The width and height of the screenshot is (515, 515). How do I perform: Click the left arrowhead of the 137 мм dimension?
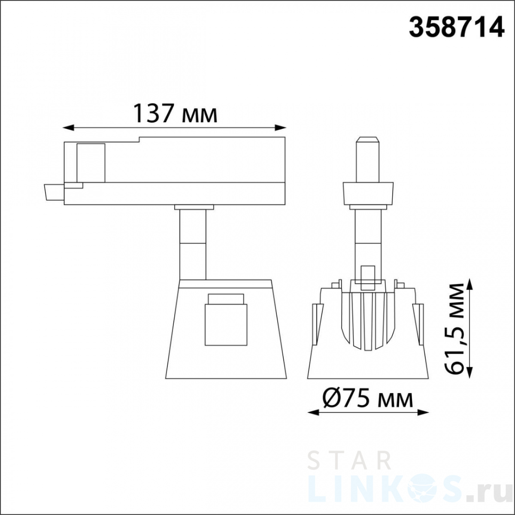[68, 128]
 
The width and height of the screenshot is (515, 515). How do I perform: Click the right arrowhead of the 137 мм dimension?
[281, 128]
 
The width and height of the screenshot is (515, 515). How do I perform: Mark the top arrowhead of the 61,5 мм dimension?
[470, 284]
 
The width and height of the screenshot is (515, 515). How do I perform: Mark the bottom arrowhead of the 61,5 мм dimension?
[470, 372]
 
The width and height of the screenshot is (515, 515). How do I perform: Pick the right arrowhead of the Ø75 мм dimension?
[423, 421]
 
